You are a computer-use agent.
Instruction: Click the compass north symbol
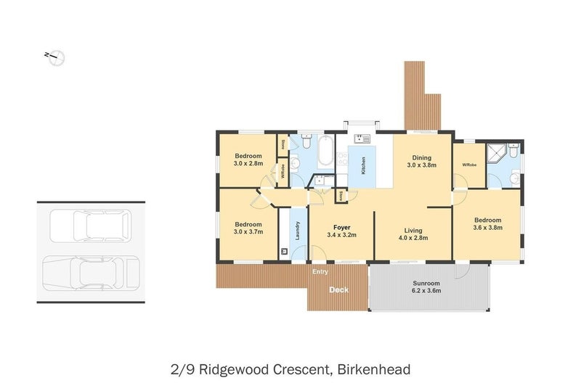click(55, 57)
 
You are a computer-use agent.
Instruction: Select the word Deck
click(339, 290)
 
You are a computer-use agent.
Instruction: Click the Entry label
click(320, 272)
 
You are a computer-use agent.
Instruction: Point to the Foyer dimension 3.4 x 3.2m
click(341, 235)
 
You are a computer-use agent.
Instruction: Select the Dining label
click(422, 157)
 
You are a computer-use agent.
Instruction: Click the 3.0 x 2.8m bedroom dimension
click(248, 163)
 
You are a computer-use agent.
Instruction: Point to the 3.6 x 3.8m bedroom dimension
click(487, 228)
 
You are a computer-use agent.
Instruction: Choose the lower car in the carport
click(90, 273)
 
